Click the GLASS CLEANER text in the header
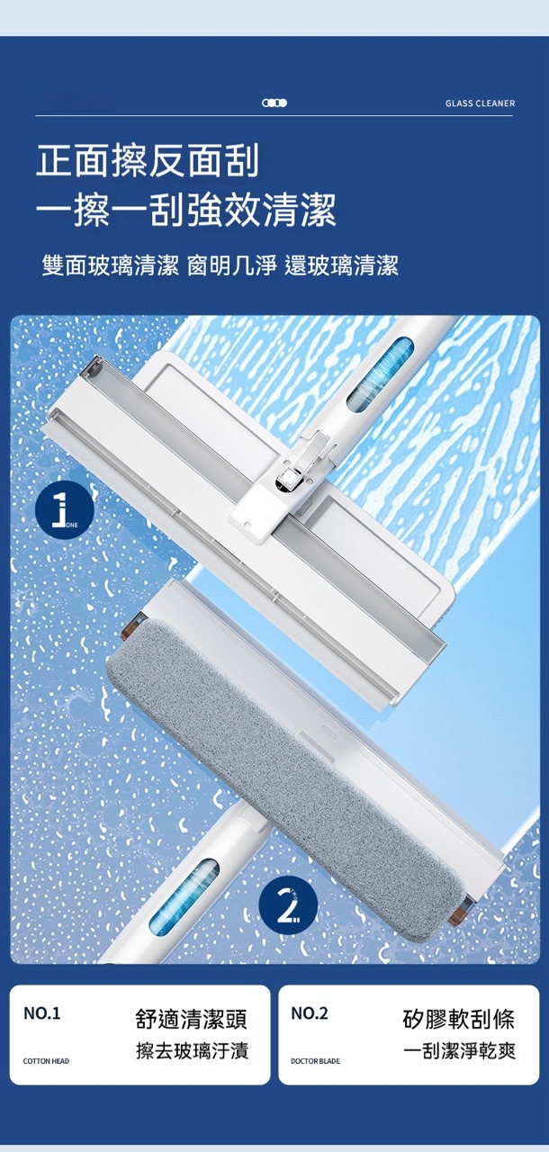point(480,103)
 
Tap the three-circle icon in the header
point(274,103)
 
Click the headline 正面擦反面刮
point(148,160)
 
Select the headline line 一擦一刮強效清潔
point(186,210)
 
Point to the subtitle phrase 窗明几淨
point(232,265)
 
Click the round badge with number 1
point(64,509)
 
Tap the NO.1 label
point(42,1013)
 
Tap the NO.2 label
point(310,1013)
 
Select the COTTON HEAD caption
point(46,1061)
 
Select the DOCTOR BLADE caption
point(315,1061)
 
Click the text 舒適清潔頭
point(192,1019)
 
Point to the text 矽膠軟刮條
point(458,1019)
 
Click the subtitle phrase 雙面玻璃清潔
point(111,265)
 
